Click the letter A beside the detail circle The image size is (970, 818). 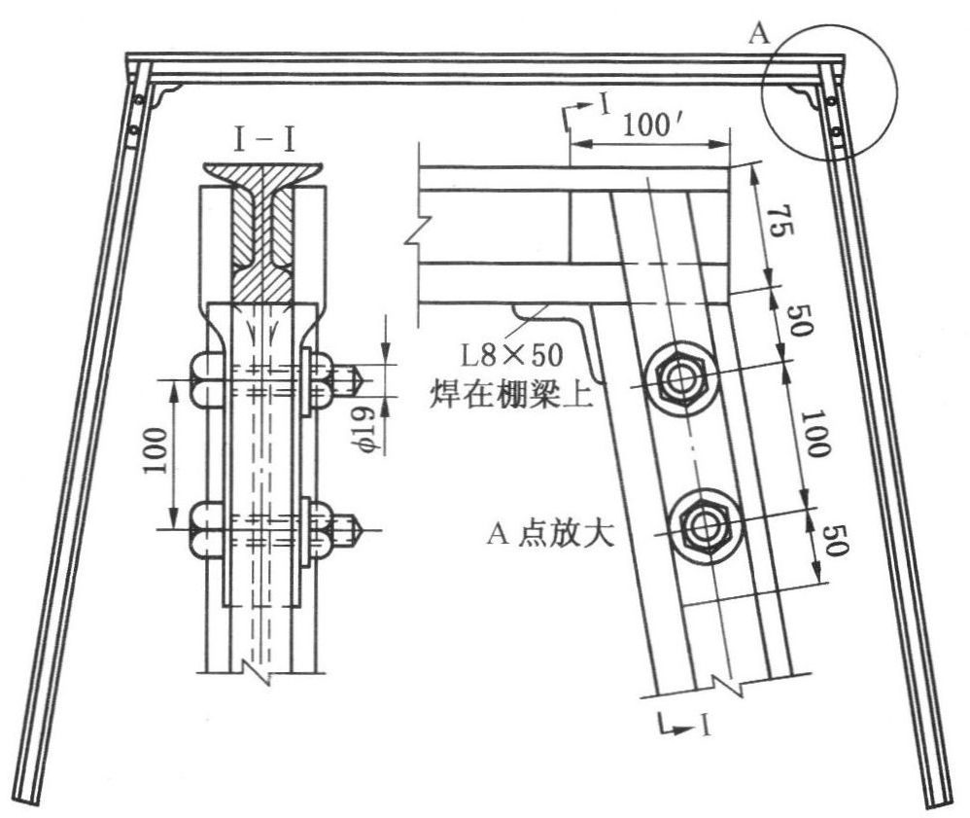pyautogui.click(x=760, y=35)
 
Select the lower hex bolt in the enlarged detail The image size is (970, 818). pyautogui.click(x=705, y=523)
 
